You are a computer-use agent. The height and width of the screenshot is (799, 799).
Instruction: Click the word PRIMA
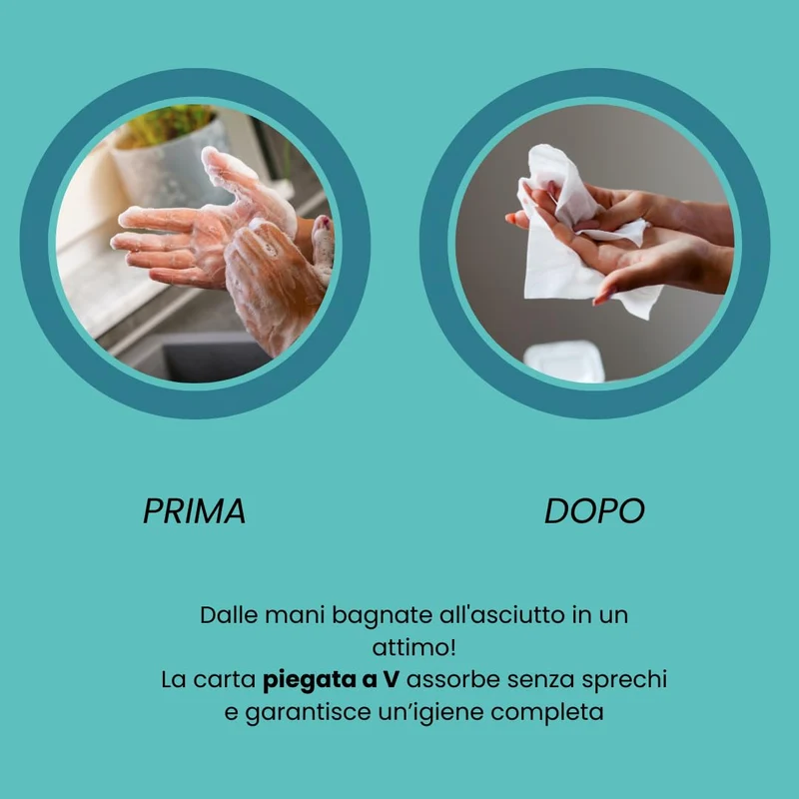194,510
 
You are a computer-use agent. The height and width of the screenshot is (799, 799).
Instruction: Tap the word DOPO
594,510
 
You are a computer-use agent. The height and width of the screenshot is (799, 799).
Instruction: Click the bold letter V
391,680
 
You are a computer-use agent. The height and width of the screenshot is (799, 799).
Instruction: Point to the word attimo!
413,647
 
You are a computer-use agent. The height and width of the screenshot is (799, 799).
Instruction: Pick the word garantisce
308,713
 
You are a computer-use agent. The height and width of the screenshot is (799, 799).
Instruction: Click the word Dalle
229,615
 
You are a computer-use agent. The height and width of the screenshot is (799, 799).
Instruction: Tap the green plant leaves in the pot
168,124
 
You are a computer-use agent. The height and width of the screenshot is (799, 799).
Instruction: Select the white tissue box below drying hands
564,362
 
